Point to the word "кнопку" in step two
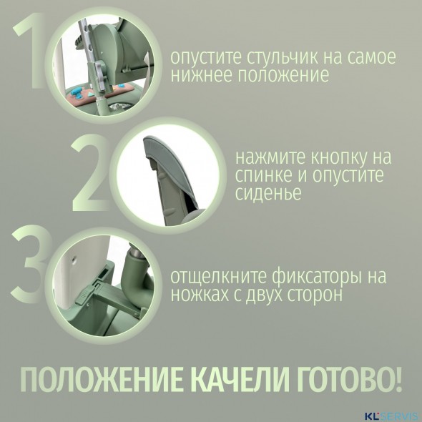coord(330,157)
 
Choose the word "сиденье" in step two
coord(265,193)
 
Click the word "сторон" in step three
coord(304,294)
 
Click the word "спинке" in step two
coord(260,175)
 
